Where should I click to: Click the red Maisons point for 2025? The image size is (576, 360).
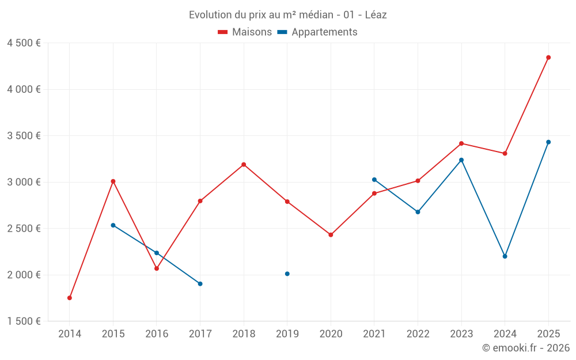[548, 58]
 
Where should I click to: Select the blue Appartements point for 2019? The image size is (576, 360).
[287, 274]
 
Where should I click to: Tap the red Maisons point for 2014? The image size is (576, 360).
[70, 298]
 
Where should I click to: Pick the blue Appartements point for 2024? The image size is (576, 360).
[505, 256]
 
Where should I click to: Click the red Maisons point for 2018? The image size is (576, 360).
[244, 165]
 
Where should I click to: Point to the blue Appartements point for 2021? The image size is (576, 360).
[374, 180]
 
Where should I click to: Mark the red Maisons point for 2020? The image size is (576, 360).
[331, 235]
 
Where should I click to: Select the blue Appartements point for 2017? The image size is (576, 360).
[200, 283]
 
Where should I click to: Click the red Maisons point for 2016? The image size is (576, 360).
[157, 268]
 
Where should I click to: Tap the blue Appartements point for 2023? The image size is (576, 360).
[461, 160]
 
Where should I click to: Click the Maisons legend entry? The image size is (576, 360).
[245, 32]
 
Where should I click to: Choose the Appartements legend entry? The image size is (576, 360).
[317, 32]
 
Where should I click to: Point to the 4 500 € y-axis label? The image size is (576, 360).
[24, 43]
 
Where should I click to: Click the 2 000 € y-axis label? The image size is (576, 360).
[24, 275]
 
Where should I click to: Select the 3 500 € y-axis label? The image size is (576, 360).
[24, 136]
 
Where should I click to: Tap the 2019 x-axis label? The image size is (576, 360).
[287, 334]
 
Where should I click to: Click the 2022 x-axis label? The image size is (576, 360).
[418, 334]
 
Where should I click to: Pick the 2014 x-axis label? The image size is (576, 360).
[70, 334]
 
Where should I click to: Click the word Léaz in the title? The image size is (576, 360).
[376, 15]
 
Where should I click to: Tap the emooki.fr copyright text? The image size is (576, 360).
[526, 348]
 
